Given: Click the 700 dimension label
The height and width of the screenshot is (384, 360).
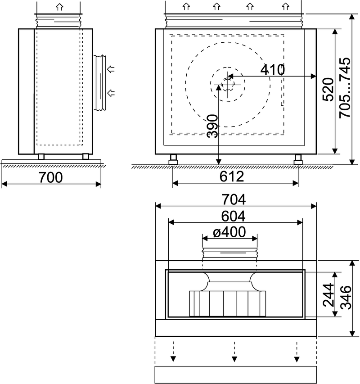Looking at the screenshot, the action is [x=51, y=177].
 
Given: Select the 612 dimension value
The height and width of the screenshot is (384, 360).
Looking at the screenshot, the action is [x=232, y=176].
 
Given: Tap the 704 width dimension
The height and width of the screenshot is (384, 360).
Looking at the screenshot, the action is [x=234, y=199].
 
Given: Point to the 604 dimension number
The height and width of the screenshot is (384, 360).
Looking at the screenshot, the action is [x=233, y=216].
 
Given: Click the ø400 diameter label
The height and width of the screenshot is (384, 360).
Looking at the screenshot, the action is [x=229, y=232].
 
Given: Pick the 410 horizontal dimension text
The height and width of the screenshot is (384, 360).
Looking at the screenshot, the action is [x=272, y=69].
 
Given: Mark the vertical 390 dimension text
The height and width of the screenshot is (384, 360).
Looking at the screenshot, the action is [x=212, y=126].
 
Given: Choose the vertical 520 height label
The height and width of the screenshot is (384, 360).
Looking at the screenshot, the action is [x=328, y=90].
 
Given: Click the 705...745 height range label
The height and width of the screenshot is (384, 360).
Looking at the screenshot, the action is [x=345, y=88].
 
